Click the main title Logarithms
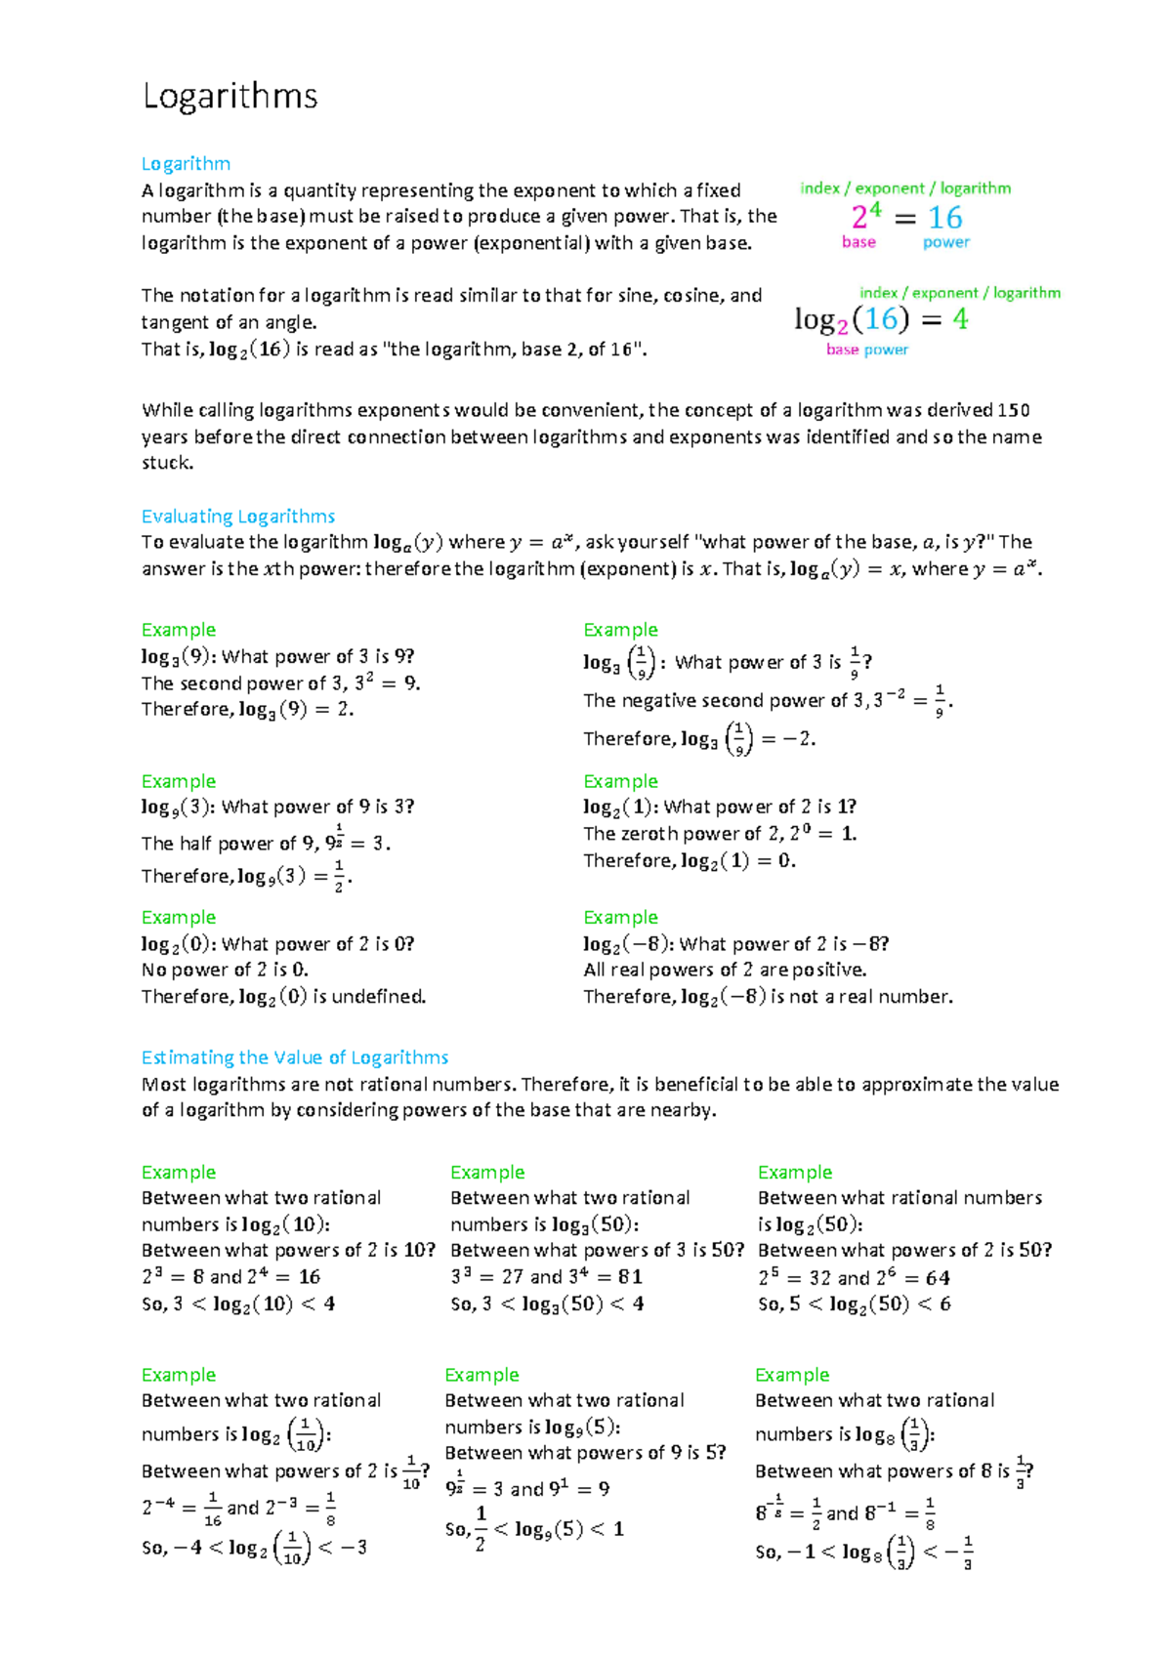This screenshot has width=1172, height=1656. pyautogui.click(x=230, y=97)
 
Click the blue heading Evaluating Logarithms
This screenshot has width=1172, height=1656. pyautogui.click(x=238, y=517)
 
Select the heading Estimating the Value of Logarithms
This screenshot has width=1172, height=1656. pyautogui.click(x=295, y=1057)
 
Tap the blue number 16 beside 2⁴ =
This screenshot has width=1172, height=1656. pyautogui.click(x=944, y=218)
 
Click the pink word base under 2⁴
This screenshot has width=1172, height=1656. pyautogui.click(x=858, y=242)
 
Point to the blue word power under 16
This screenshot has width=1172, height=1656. pyautogui.click(x=945, y=242)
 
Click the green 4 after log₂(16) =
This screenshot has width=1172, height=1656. pyautogui.click(x=960, y=319)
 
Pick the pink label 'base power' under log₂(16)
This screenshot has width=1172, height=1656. pyautogui.click(x=866, y=350)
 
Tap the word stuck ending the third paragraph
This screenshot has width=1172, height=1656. pyautogui.click(x=167, y=463)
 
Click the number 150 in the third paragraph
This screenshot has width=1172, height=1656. pyautogui.click(x=1013, y=410)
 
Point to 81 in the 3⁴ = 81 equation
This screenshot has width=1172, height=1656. pyautogui.click(x=630, y=1277)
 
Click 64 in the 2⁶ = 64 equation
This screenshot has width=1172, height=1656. pyautogui.click(x=938, y=1278)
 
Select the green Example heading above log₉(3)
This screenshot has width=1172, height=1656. pyautogui.click(x=178, y=781)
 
